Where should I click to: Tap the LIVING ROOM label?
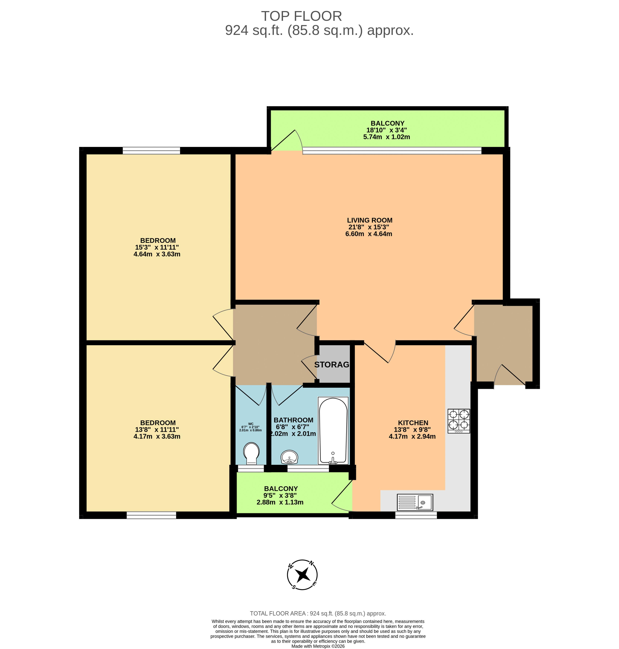pos(370,220)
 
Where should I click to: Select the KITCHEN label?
pos(413,423)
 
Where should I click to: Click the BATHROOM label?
pos(293,420)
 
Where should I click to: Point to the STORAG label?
pos(332,365)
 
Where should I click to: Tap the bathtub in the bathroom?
pos(333,431)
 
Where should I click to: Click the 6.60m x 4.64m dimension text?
pos(369,234)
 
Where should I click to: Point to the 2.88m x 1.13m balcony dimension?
pos(280,502)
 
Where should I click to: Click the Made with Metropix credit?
pos(318,646)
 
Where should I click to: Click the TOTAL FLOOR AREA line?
pos(318,613)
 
